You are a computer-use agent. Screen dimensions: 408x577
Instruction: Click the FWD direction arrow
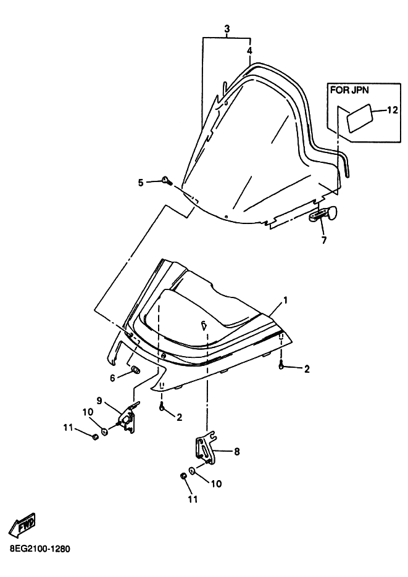pos(23,524)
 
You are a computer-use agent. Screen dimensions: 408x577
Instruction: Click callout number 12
pos(393,110)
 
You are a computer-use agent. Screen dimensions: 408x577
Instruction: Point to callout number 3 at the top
pos(227,28)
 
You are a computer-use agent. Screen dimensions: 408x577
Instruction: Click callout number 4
pos(250,51)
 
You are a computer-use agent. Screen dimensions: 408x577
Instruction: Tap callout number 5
pos(141,183)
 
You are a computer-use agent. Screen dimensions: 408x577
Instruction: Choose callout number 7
pos(324,241)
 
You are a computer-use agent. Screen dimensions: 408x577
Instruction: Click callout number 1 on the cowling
pos(285,301)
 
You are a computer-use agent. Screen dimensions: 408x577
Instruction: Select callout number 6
pos(112,378)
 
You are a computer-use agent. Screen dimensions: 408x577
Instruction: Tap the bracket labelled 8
pos(205,448)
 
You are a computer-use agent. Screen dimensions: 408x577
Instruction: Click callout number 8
pos(236,451)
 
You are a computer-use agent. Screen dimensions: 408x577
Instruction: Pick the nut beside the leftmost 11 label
pos(95,437)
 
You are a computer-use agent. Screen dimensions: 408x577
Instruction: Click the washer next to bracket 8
pos(192,470)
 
